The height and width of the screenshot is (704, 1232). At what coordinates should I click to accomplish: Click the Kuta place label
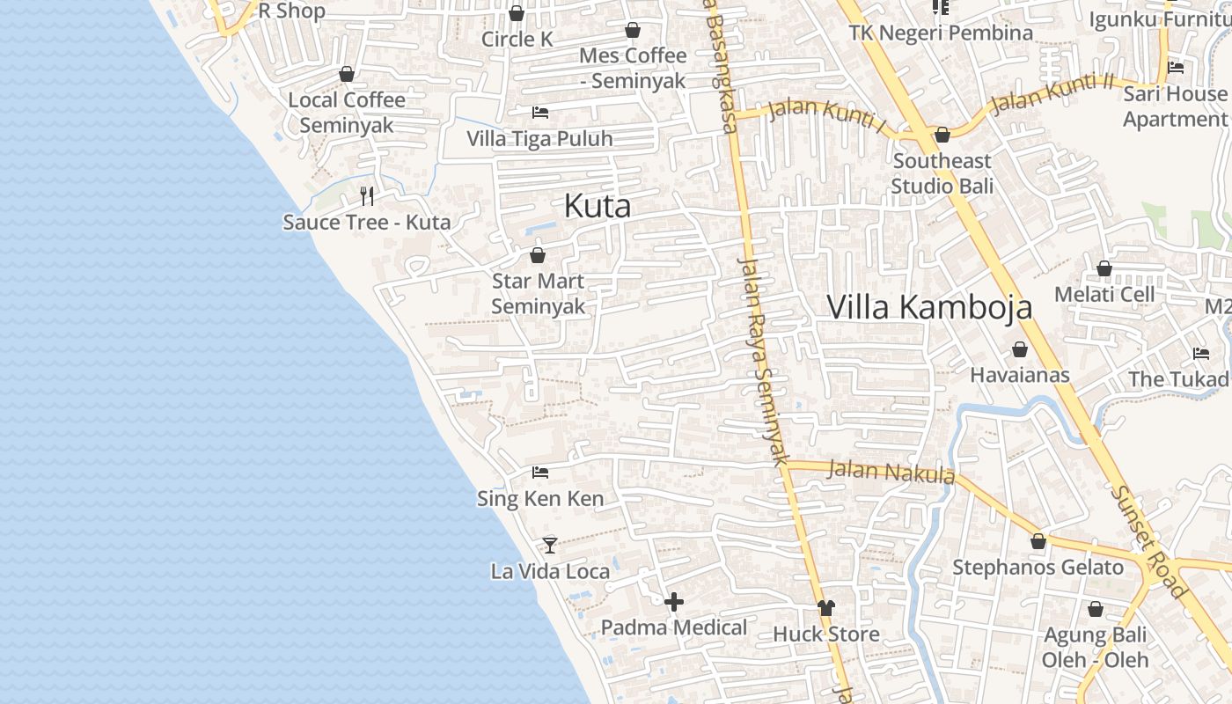[x=598, y=206]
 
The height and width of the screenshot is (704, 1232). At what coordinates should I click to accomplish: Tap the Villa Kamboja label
[x=929, y=307]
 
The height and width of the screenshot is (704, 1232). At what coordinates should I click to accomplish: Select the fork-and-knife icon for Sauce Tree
[x=367, y=195]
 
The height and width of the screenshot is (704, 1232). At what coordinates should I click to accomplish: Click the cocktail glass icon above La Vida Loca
[x=550, y=545]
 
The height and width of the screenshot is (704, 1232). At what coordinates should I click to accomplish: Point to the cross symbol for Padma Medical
[x=674, y=602]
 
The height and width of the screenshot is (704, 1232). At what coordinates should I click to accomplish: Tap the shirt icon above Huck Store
[x=825, y=607]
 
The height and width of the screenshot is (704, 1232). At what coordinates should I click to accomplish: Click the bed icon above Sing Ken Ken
[x=540, y=473]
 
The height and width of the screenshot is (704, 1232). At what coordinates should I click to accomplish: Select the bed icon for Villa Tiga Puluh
[x=540, y=113]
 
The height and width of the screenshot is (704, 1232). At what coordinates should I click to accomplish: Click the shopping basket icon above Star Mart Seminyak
[x=538, y=255]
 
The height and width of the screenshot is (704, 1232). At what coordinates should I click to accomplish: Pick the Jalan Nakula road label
[x=891, y=472]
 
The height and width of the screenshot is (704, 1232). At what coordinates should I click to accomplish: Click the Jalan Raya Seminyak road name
[x=762, y=360]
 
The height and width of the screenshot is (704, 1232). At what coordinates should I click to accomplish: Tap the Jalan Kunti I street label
[x=826, y=115]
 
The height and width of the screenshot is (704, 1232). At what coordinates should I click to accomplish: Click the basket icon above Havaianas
[x=1020, y=349]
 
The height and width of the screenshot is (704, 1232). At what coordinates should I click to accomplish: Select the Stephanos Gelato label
[x=1038, y=568]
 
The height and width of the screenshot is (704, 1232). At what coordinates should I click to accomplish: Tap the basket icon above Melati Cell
[x=1104, y=268]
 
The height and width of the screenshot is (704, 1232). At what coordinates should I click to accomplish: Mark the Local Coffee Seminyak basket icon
[x=347, y=74]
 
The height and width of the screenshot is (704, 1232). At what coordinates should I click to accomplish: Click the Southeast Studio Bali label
[x=942, y=173]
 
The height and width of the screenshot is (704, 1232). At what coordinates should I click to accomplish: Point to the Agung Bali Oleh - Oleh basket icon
[x=1096, y=608]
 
